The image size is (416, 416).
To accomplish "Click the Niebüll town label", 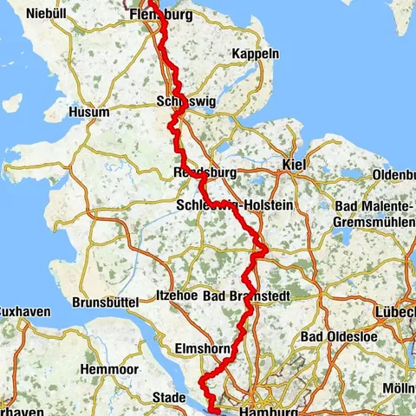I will click(x=46, y=13).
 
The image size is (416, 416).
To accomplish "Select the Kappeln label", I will click(x=256, y=54).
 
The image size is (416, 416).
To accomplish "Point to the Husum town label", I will click(x=90, y=113).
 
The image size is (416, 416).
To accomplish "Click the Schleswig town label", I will click(x=185, y=101).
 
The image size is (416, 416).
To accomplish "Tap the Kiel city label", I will click(x=296, y=165).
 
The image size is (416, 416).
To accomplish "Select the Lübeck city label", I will click(x=396, y=312).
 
